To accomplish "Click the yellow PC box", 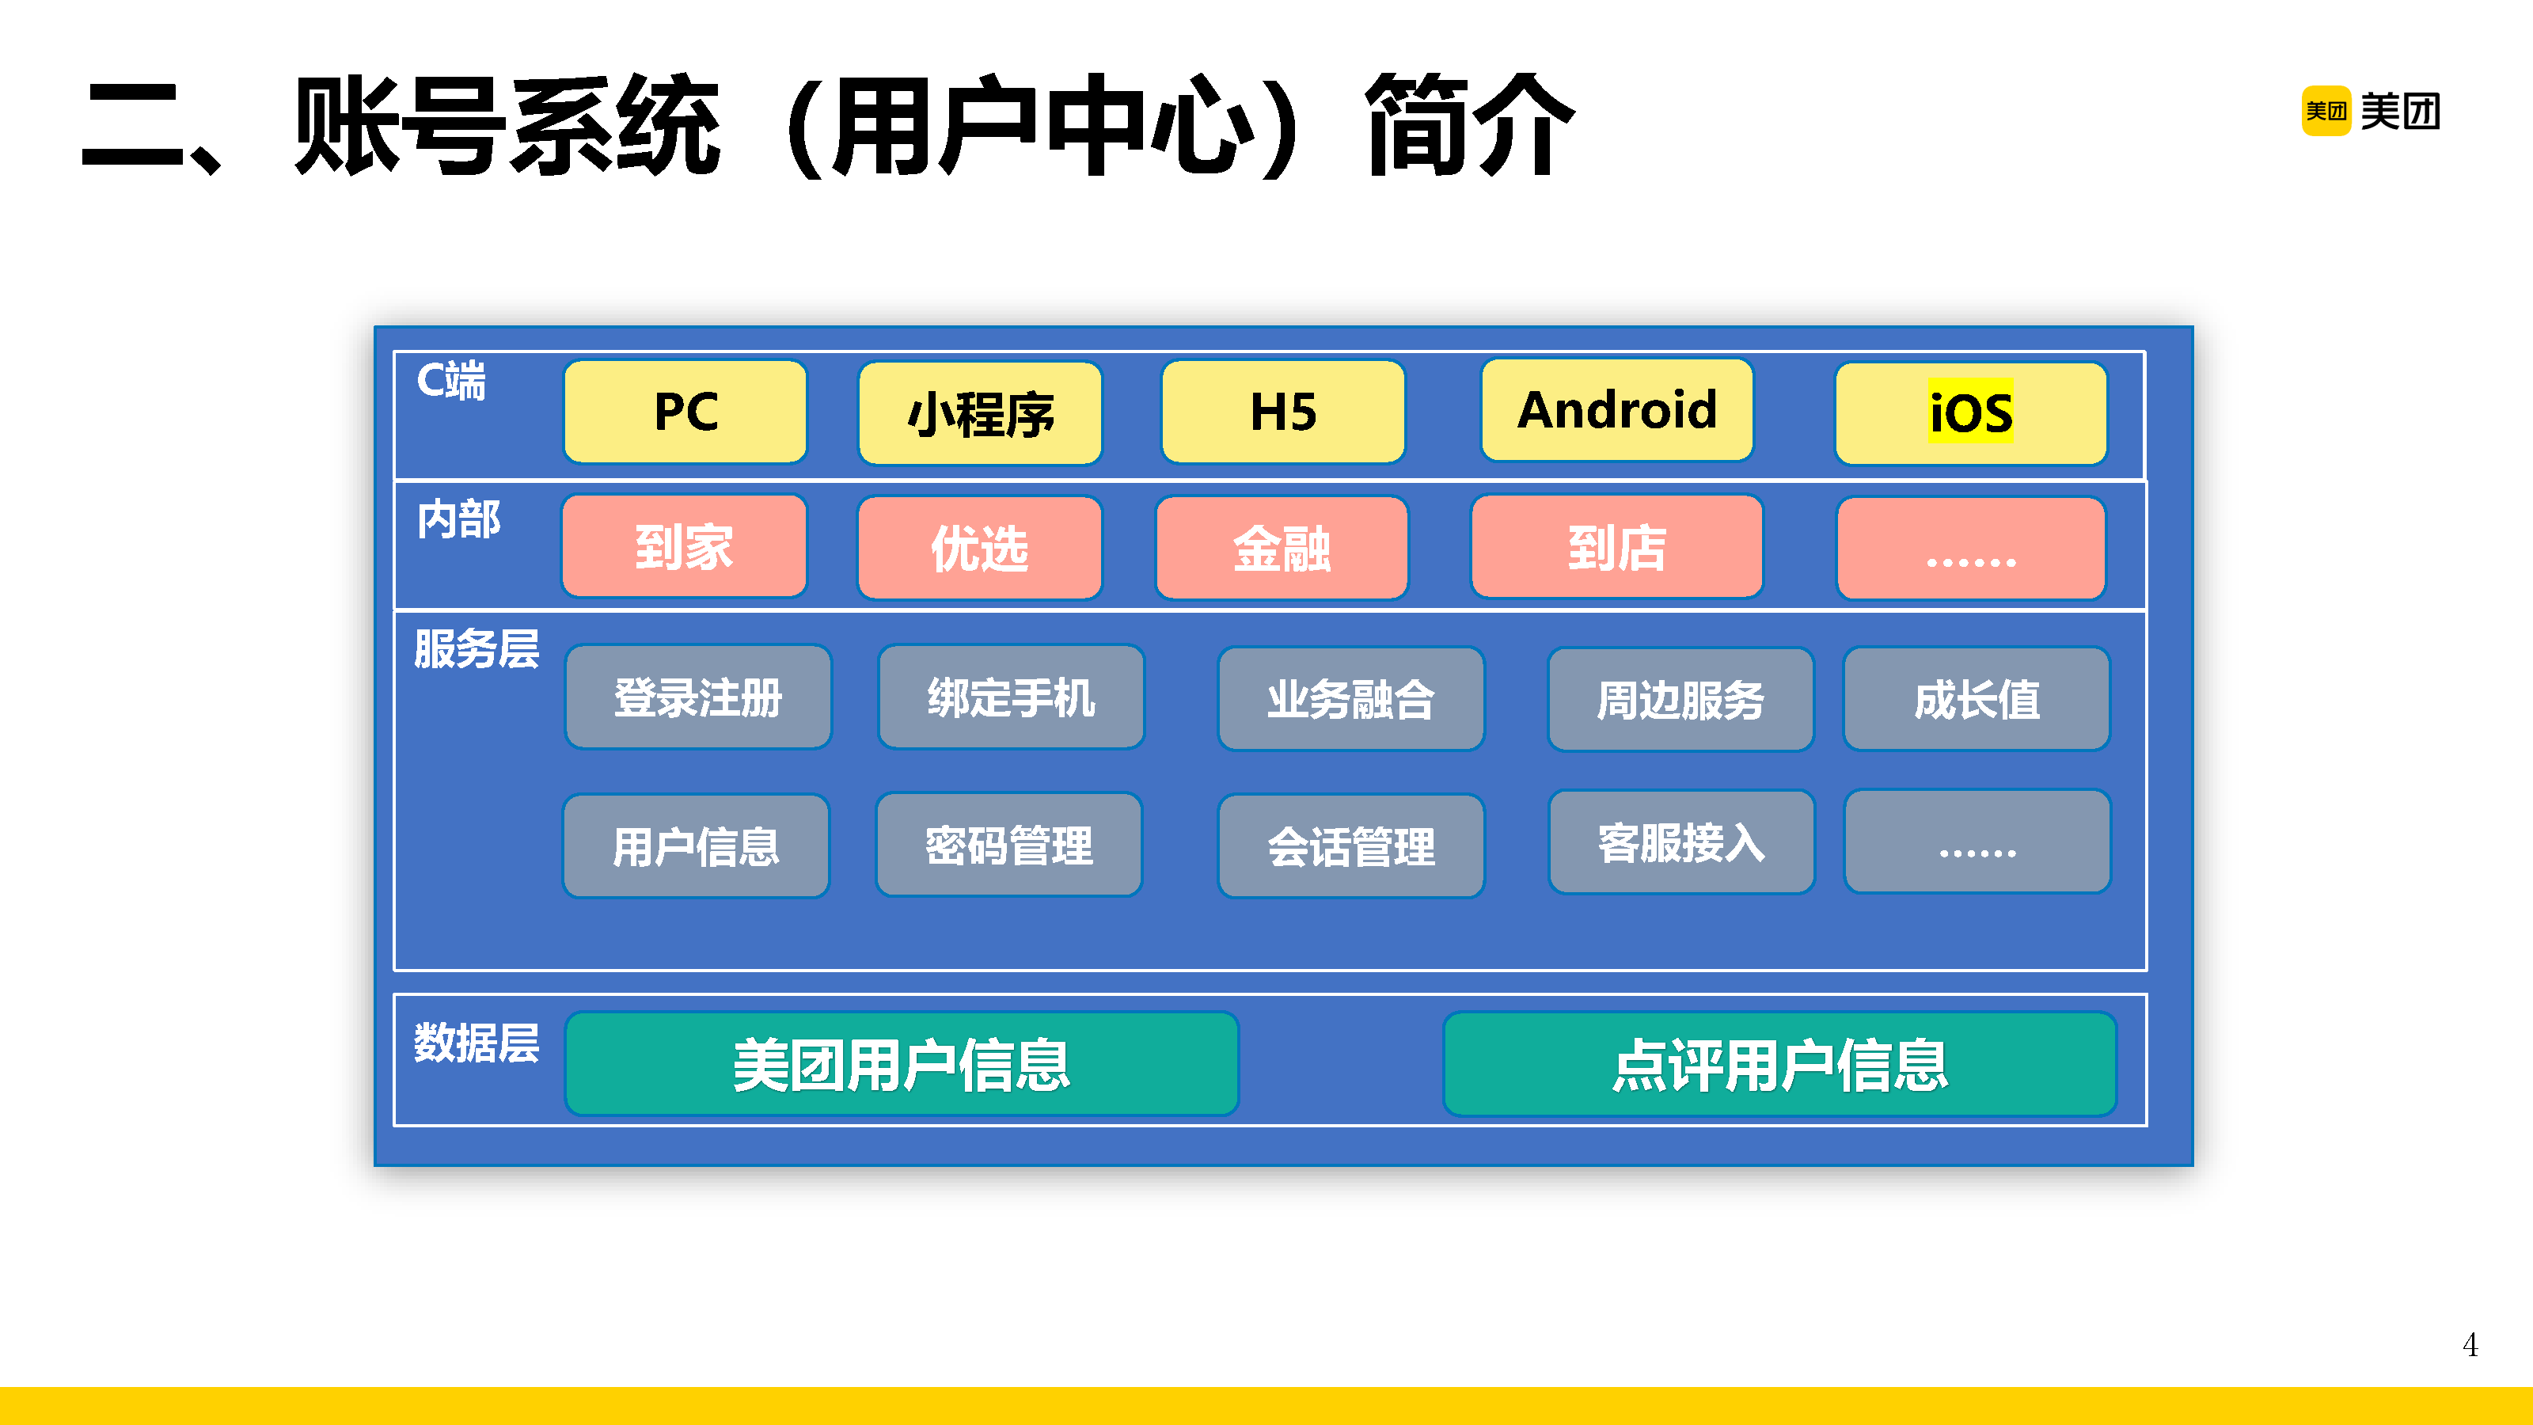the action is point(685,411).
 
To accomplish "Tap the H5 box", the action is point(1283,411).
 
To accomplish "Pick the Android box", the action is point(1616,410).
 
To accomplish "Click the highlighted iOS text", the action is point(1970,412).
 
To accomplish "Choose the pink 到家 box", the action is point(685,547).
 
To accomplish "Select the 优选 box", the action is point(979,548).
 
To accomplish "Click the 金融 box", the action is point(1282,548).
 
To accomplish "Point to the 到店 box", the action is point(1616,547).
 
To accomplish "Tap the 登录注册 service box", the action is point(698,697).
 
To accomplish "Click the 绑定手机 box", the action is point(1011,697).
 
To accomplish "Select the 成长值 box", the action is point(1977,699).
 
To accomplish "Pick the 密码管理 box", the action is point(1009,845).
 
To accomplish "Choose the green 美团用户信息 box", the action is point(902,1064).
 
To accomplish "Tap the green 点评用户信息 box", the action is point(1779,1064).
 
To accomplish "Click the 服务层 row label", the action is point(477,649).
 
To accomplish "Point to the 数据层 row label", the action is point(477,1043).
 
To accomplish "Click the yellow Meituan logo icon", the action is point(2326,111).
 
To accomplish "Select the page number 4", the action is point(2470,1344).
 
